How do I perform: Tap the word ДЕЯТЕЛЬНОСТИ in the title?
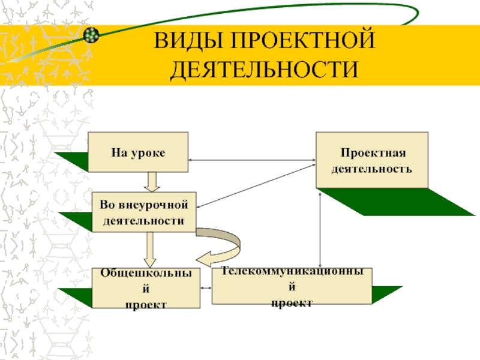pyautogui.click(x=264, y=69)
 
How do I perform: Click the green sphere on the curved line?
pyautogui.click(x=91, y=35)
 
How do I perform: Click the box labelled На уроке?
pyautogui.click(x=138, y=152)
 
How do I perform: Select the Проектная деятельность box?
pyautogui.click(x=372, y=160)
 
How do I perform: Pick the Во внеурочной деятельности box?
pyautogui.click(x=144, y=212)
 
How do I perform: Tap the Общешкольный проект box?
pyautogui.click(x=146, y=288)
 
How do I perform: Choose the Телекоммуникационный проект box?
pyautogui.click(x=292, y=286)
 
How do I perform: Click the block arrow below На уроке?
pyautogui.click(x=152, y=182)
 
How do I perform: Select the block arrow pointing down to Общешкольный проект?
pyautogui.click(x=149, y=250)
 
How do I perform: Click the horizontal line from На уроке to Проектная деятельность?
pyautogui.click(x=252, y=160)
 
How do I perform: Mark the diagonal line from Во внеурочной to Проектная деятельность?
pyautogui.click(x=256, y=186)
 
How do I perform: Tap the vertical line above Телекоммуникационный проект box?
pyautogui.click(x=320, y=230)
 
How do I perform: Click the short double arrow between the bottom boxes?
pyautogui.click(x=206, y=288)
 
